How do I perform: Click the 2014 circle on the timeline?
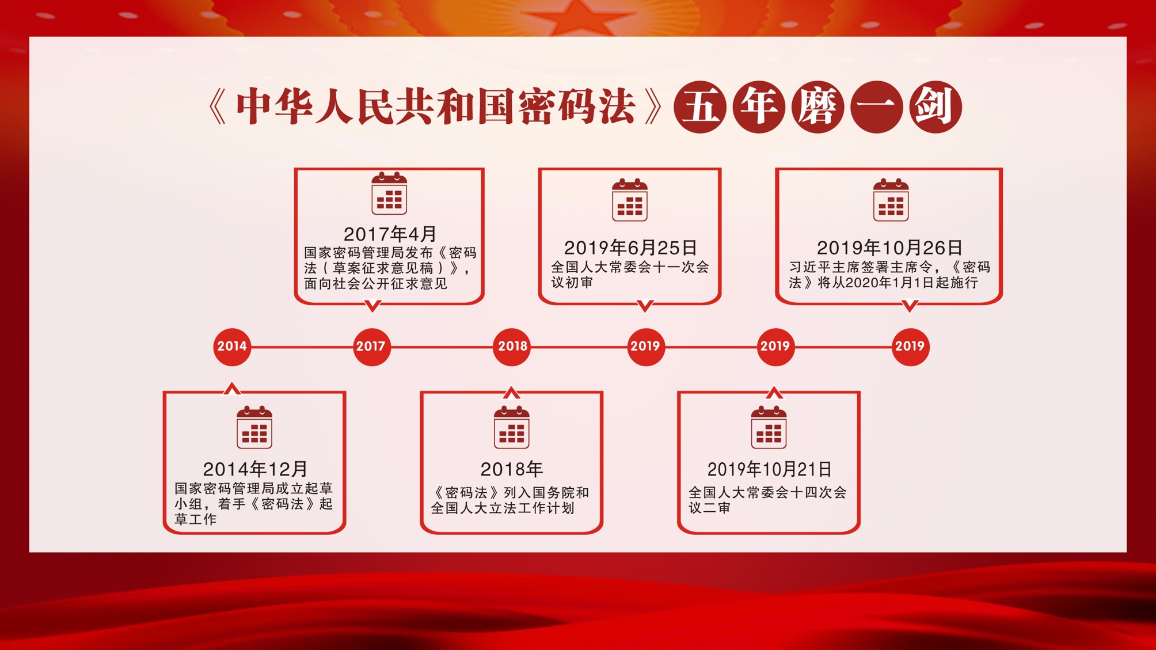coord(232,347)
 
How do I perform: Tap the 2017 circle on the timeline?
coord(371,347)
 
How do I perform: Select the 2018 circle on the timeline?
coord(512,347)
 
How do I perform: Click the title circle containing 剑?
coord(936,107)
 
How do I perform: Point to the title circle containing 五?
coord(700,107)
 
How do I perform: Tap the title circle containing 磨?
coord(817,107)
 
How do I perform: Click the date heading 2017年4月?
coord(390,234)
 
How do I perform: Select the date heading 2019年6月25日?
coord(630,248)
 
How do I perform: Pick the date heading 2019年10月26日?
coord(889,248)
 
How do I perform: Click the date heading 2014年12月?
coord(255,469)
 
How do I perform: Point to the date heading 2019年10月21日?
coord(769,469)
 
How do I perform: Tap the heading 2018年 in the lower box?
coord(512,469)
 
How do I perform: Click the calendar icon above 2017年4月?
coord(389,193)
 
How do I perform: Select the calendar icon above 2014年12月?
coord(254,427)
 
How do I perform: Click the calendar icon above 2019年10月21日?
coord(769,427)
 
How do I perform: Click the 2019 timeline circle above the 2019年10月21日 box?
coord(775,347)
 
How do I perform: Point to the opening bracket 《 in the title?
coord(217,107)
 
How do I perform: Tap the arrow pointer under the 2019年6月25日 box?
coord(645,306)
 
